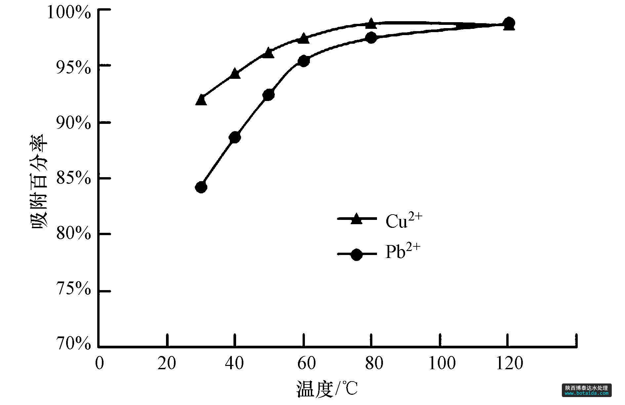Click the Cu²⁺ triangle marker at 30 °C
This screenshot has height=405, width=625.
(201, 100)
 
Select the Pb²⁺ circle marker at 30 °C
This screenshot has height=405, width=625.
(201, 187)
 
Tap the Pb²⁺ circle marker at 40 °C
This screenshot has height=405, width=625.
(235, 137)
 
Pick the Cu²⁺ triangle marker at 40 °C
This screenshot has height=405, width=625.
(235, 74)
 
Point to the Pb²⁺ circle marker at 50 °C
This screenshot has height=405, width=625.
(268, 95)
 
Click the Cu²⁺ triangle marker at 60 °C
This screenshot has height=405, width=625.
(303, 39)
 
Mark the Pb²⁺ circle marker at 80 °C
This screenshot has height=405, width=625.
(371, 38)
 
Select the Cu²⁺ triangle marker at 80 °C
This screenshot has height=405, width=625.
(371, 24)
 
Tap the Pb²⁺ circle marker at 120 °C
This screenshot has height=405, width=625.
(509, 23)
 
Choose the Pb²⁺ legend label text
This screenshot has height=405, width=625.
(403, 252)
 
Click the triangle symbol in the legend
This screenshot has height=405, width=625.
(356, 219)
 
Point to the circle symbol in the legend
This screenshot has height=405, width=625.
(356, 255)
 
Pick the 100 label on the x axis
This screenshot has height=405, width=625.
(442, 364)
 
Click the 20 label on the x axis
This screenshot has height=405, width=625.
(167, 364)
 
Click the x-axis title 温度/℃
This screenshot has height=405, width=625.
(327, 389)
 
